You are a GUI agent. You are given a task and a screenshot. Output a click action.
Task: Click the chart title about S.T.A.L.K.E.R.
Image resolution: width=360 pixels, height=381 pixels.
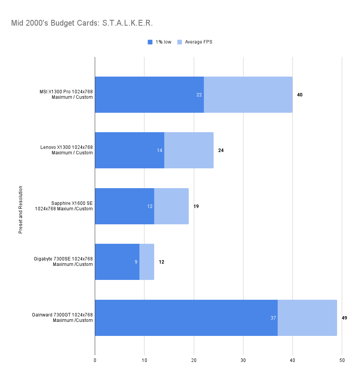pyautogui.click(x=82, y=23)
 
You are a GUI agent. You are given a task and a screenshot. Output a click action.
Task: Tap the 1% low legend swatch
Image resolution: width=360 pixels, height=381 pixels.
pyautogui.click(x=150, y=42)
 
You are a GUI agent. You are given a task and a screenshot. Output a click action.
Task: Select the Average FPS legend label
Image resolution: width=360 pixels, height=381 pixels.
pyautogui.click(x=198, y=42)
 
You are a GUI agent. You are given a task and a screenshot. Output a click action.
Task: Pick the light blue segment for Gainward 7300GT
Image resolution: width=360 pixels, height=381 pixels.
pyautogui.click(x=307, y=318)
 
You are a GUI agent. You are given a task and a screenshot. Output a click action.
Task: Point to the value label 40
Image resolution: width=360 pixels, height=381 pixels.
pyautogui.click(x=299, y=95)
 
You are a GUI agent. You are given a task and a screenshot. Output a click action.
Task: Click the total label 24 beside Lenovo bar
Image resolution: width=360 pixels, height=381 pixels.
pyautogui.click(x=221, y=150)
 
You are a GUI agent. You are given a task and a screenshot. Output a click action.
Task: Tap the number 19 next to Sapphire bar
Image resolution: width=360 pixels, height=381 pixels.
pyautogui.click(x=196, y=206)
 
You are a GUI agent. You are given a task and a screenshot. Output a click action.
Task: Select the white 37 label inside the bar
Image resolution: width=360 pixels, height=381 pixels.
pyautogui.click(x=273, y=318)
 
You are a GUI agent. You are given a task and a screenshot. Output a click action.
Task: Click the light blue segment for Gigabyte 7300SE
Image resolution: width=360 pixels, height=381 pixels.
pyautogui.click(x=147, y=262)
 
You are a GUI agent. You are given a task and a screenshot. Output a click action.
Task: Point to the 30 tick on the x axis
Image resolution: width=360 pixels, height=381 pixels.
pyautogui.click(x=243, y=360)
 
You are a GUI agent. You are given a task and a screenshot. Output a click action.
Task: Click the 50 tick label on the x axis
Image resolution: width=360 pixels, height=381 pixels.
pyautogui.click(x=342, y=360)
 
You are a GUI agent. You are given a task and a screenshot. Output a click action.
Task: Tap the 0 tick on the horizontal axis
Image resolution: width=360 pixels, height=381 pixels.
pyautogui.click(x=95, y=360)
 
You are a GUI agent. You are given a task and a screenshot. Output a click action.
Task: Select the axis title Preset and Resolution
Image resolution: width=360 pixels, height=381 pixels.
pyautogui.click(x=21, y=210)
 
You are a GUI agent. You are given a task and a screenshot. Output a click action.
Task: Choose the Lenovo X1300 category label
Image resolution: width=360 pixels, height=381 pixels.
pyautogui.click(x=66, y=150)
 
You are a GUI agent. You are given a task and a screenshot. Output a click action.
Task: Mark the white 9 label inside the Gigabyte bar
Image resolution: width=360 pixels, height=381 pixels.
pyautogui.click(x=136, y=262)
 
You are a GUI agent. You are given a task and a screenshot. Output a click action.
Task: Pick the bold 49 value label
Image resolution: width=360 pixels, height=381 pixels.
pyautogui.click(x=344, y=318)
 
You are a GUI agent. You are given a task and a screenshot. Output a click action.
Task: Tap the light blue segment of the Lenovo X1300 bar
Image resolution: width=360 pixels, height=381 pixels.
pyautogui.click(x=189, y=150)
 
